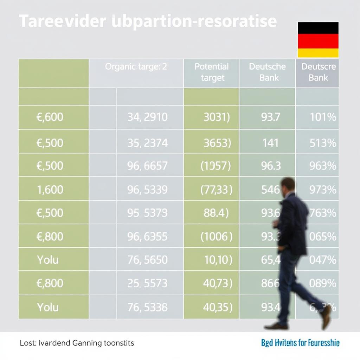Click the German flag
(318, 40)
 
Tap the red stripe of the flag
(318, 41)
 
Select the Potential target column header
(211, 72)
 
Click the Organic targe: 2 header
(136, 66)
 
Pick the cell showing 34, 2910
(147, 117)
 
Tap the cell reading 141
(270, 143)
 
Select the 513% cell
(323, 143)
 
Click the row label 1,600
(50, 189)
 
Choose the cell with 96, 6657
(147, 166)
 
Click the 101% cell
(323, 117)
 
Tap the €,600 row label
(50, 117)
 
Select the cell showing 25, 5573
(147, 283)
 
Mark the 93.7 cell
(270, 117)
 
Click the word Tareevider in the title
(62, 21)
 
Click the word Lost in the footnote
(27, 342)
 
